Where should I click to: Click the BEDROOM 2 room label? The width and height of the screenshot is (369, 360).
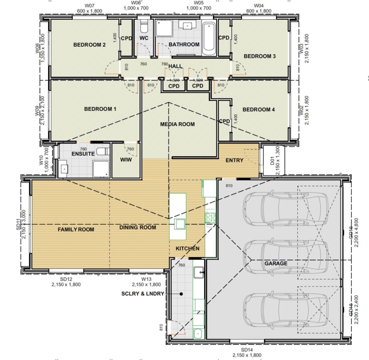coord(89,45)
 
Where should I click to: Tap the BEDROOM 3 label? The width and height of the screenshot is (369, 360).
coord(260,56)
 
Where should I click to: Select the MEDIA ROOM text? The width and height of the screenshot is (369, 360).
coord(177,125)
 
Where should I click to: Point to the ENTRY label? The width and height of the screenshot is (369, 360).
coord(235,160)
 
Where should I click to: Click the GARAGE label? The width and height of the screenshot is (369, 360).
coord(276,263)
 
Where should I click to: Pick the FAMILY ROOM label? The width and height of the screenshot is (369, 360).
coord(76,230)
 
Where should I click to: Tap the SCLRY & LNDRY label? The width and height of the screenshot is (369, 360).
coord(143,294)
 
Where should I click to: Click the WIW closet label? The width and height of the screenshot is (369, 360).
coord(126,160)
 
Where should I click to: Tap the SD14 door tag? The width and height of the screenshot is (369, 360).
coord(246,350)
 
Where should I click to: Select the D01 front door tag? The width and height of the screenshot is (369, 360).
coord(272,161)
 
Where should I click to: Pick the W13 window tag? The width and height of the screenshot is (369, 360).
coord(146,279)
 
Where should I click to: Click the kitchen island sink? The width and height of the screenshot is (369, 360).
coord(179,224)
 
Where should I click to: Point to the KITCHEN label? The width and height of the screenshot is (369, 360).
coord(187,249)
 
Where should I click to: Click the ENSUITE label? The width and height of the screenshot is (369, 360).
coord(83,154)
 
